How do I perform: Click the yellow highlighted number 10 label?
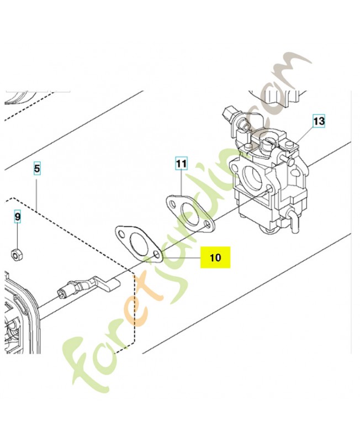(215, 257)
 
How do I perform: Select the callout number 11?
(181, 163)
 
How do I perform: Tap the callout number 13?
(319, 121)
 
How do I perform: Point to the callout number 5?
(37, 169)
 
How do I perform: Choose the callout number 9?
(18, 217)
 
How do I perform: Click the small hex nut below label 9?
(17, 254)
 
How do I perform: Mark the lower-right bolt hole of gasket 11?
(208, 225)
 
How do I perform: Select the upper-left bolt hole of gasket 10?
(121, 234)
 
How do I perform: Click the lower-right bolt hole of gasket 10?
(157, 255)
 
